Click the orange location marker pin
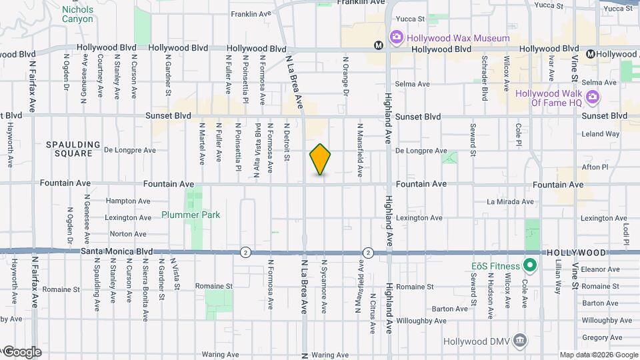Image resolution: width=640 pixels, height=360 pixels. [x=320, y=159]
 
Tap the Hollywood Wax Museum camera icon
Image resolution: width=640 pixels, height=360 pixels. [x=396, y=37]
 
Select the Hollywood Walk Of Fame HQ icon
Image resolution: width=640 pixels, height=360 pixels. [x=593, y=97]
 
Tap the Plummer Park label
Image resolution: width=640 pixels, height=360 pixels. [x=191, y=215]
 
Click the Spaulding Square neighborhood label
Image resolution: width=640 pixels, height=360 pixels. [x=73, y=149]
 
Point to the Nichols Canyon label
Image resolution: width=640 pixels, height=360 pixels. [x=77, y=14]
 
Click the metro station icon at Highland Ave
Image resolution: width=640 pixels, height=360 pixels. [x=378, y=46]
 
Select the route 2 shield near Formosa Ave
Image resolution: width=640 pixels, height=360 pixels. [x=246, y=252]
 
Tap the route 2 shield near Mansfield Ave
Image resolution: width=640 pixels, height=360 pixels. [x=368, y=252]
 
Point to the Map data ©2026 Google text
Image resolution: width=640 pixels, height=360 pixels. [x=598, y=355]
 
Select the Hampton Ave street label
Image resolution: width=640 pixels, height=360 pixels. [x=128, y=201]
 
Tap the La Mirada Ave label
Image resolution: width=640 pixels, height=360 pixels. [x=510, y=201]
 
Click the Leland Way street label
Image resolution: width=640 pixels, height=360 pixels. [x=600, y=134]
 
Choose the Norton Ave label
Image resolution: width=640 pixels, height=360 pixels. [x=128, y=234]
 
